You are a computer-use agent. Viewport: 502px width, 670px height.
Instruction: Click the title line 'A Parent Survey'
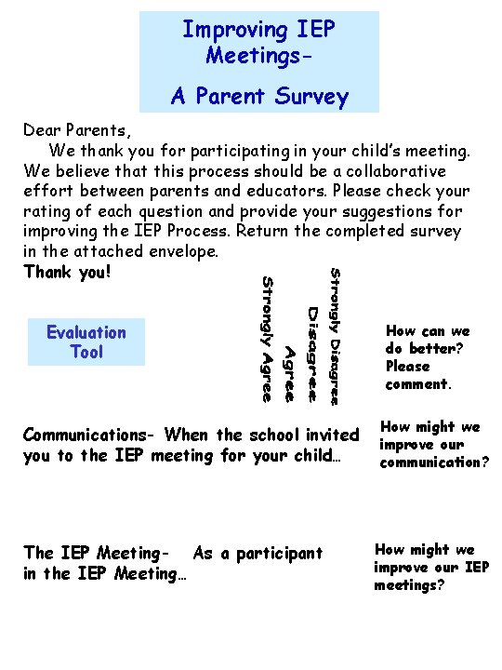coord(258,96)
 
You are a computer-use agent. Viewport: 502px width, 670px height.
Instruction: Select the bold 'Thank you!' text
coord(67,271)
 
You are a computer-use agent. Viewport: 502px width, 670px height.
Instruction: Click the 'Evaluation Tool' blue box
coord(86,342)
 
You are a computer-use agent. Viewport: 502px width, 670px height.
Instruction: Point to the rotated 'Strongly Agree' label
coord(267,339)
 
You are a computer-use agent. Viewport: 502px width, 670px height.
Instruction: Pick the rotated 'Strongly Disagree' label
coord(336,336)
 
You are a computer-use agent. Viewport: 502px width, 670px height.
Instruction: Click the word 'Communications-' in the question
coord(89,435)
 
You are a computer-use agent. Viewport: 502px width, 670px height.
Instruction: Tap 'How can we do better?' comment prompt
coord(428,357)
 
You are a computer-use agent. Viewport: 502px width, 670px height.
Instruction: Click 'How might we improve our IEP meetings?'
coord(430,567)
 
